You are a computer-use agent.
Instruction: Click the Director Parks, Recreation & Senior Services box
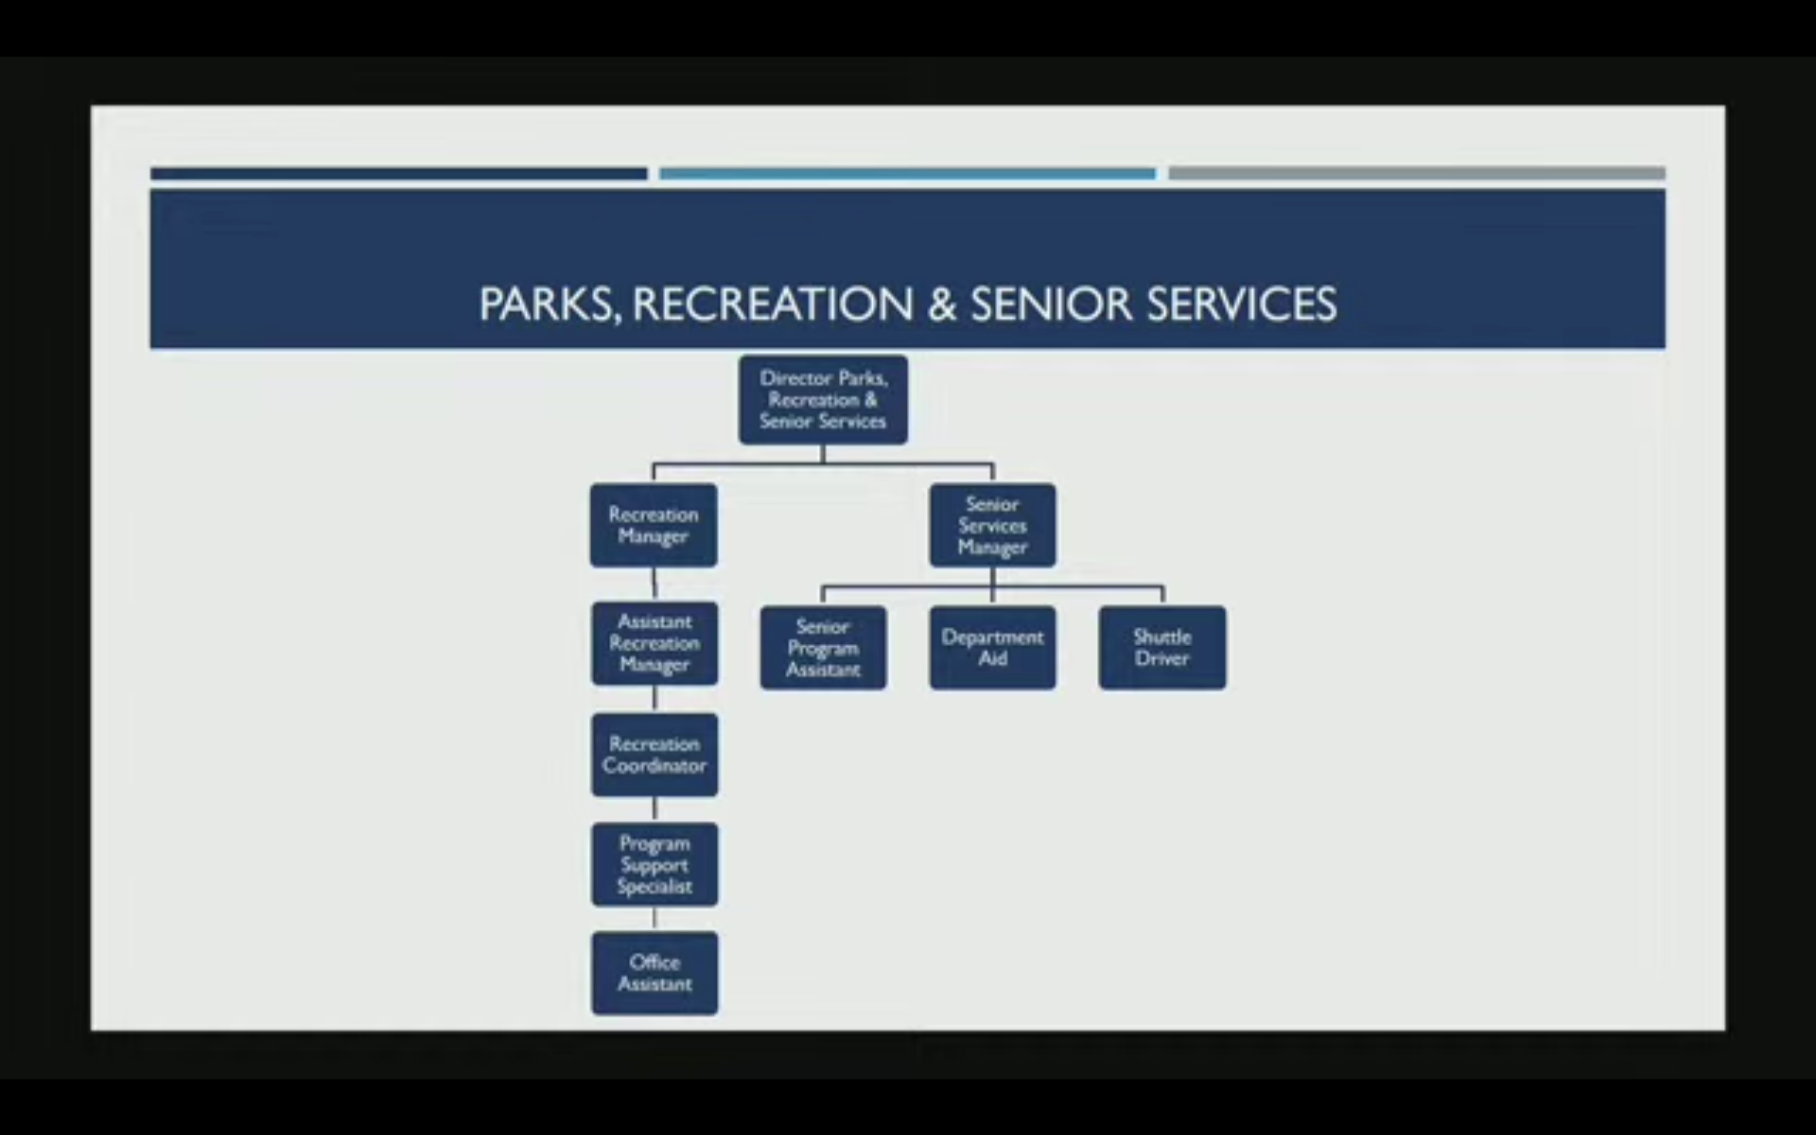(823, 399)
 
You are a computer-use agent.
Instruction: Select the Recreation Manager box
(654, 525)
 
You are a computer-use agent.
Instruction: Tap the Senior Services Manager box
(992, 525)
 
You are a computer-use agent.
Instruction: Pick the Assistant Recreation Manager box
(655, 643)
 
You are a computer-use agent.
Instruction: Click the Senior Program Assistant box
(823, 648)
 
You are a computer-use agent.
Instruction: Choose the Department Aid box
(992, 648)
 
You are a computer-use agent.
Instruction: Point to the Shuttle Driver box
(1162, 648)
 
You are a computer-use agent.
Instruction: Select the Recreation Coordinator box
(655, 755)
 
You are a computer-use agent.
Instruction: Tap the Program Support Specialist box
(655, 864)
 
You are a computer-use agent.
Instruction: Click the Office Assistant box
(655, 973)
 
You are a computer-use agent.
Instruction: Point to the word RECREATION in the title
(773, 305)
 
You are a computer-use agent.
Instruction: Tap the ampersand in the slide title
(942, 305)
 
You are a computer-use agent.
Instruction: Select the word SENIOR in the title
(1051, 305)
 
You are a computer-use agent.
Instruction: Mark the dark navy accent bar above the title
(399, 174)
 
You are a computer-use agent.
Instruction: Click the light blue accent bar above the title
(907, 174)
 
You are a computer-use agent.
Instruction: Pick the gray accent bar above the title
(1417, 173)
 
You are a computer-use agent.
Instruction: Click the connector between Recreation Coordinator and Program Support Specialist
(655, 810)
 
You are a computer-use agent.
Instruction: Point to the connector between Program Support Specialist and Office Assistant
(655, 919)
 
